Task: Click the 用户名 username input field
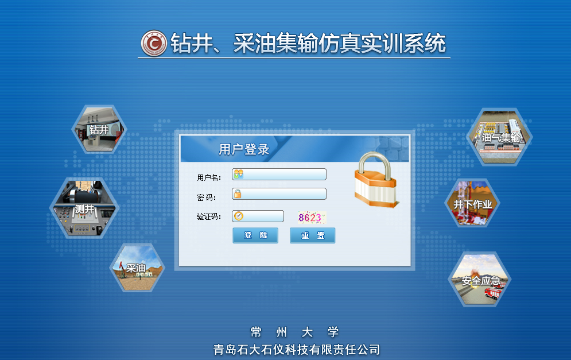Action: [279, 174]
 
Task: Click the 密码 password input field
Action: [279, 194]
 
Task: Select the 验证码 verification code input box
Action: [258, 216]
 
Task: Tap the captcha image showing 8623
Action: [312, 218]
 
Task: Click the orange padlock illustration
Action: [376, 180]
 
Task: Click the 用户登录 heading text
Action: [244, 149]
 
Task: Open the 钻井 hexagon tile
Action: [99, 129]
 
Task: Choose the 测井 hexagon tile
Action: [84, 208]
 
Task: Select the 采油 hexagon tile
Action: [137, 268]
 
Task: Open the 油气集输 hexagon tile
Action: [500, 137]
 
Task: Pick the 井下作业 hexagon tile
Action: [472, 203]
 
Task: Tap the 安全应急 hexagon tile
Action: [480, 280]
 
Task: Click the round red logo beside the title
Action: [154, 44]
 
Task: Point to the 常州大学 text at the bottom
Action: [294, 332]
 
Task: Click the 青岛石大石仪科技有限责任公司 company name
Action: [297, 350]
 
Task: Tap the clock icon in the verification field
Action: [239, 216]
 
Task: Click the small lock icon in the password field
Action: [238, 193]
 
